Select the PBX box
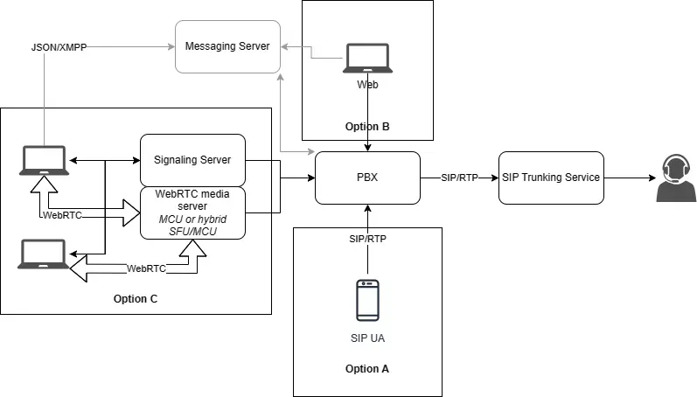367,178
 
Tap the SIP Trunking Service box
551,178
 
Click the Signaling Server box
192,160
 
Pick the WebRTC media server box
192,212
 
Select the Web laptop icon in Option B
367,58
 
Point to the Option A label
367,368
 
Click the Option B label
367,127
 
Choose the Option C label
136,299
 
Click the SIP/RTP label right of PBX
460,178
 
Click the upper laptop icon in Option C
43,160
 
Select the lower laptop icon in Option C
43,254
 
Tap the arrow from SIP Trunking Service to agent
630,178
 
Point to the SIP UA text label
367,338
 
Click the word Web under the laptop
367,85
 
